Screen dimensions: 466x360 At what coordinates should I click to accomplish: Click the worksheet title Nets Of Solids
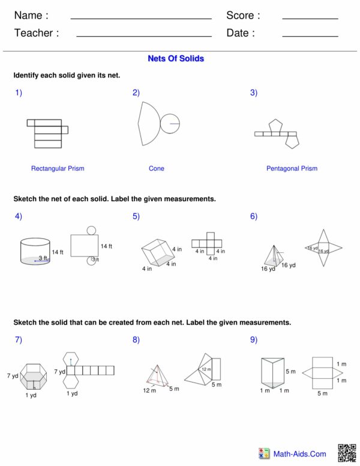click(176, 59)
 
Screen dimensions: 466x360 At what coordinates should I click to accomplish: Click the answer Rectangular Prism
click(58, 169)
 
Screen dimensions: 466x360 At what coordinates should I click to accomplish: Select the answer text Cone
click(156, 169)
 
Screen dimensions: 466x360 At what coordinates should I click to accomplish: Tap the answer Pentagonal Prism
click(292, 169)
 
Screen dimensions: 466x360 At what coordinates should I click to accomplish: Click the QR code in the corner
click(347, 453)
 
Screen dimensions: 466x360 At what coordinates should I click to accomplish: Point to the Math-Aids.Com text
click(299, 455)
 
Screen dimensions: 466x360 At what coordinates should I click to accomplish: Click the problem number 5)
click(136, 216)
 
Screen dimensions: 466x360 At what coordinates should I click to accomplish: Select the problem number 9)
click(254, 340)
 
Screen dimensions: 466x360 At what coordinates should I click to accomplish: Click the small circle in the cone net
click(170, 124)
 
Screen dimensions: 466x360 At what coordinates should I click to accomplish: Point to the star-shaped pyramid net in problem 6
click(323, 249)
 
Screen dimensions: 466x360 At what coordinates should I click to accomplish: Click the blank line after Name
click(140, 19)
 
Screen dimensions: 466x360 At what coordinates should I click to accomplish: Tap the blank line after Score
click(310, 19)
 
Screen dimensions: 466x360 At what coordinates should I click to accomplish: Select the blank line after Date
click(310, 37)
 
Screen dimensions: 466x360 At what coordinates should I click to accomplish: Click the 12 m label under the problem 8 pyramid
click(149, 391)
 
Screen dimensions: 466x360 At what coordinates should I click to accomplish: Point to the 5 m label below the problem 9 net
click(322, 393)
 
